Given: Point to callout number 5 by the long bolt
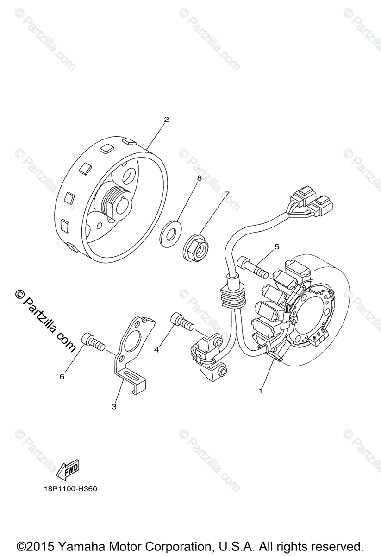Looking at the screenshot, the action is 277,247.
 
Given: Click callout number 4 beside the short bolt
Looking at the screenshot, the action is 156,350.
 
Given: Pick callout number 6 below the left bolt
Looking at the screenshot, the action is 62,376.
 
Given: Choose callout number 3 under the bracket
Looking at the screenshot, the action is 114,407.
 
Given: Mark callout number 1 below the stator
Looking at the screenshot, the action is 261,391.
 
